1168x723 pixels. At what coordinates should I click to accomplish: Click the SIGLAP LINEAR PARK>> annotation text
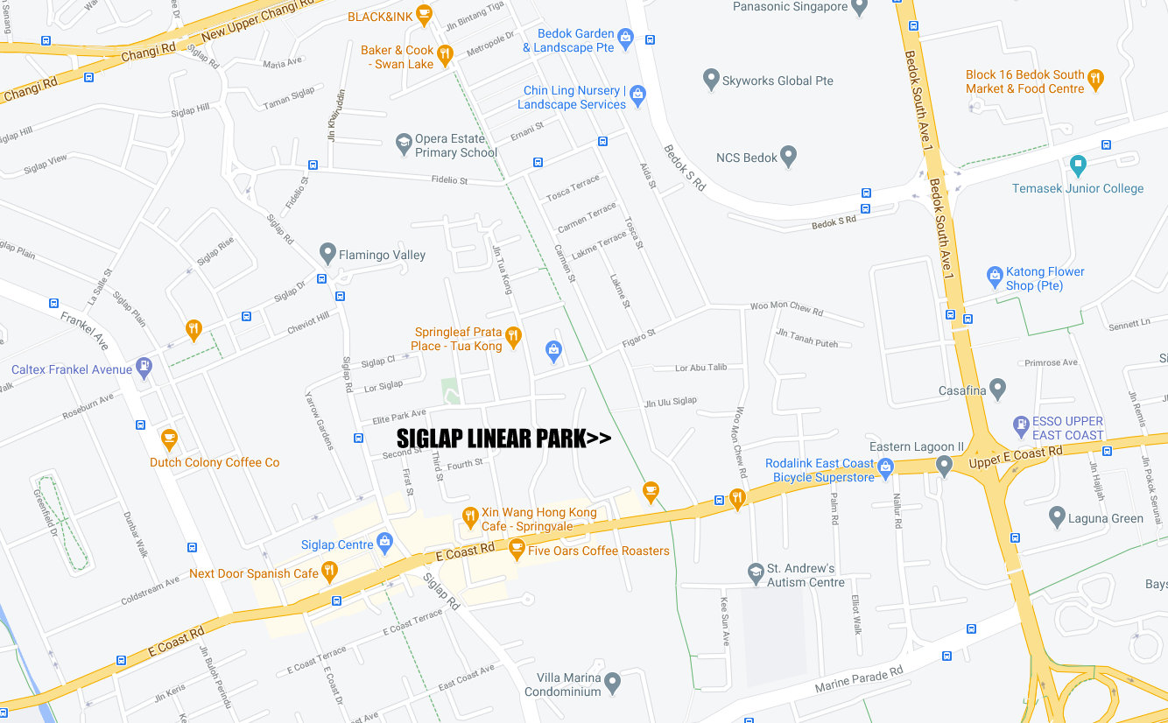(x=503, y=438)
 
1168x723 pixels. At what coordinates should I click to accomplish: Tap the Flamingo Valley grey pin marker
(x=327, y=254)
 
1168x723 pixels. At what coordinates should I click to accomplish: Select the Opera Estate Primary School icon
(x=404, y=144)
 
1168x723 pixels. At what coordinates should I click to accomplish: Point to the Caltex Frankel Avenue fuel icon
(x=144, y=369)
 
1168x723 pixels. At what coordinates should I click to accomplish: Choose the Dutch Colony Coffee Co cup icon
(x=169, y=439)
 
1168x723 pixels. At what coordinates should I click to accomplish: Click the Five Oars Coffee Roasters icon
(x=517, y=550)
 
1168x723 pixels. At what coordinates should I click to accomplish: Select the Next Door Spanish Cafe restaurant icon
(x=329, y=572)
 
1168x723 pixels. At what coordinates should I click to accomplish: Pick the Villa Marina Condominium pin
(x=612, y=682)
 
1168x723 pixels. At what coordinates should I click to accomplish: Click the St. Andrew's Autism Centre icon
(x=756, y=573)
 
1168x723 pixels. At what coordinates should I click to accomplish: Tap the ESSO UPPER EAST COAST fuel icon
(x=1020, y=426)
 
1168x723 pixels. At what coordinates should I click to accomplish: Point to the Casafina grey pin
(x=998, y=389)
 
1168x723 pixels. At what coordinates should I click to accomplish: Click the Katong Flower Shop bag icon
(x=995, y=277)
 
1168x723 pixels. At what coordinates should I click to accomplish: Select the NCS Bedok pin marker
(x=789, y=157)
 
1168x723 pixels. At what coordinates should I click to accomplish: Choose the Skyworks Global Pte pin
(x=712, y=80)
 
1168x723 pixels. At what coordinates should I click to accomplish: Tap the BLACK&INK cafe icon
(x=425, y=15)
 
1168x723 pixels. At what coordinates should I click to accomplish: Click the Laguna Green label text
(x=1106, y=518)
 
